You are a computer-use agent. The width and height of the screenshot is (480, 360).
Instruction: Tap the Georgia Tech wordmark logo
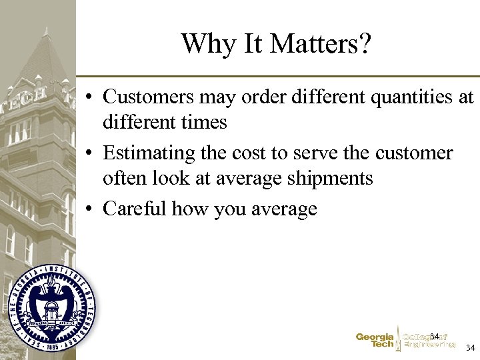[375, 341]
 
